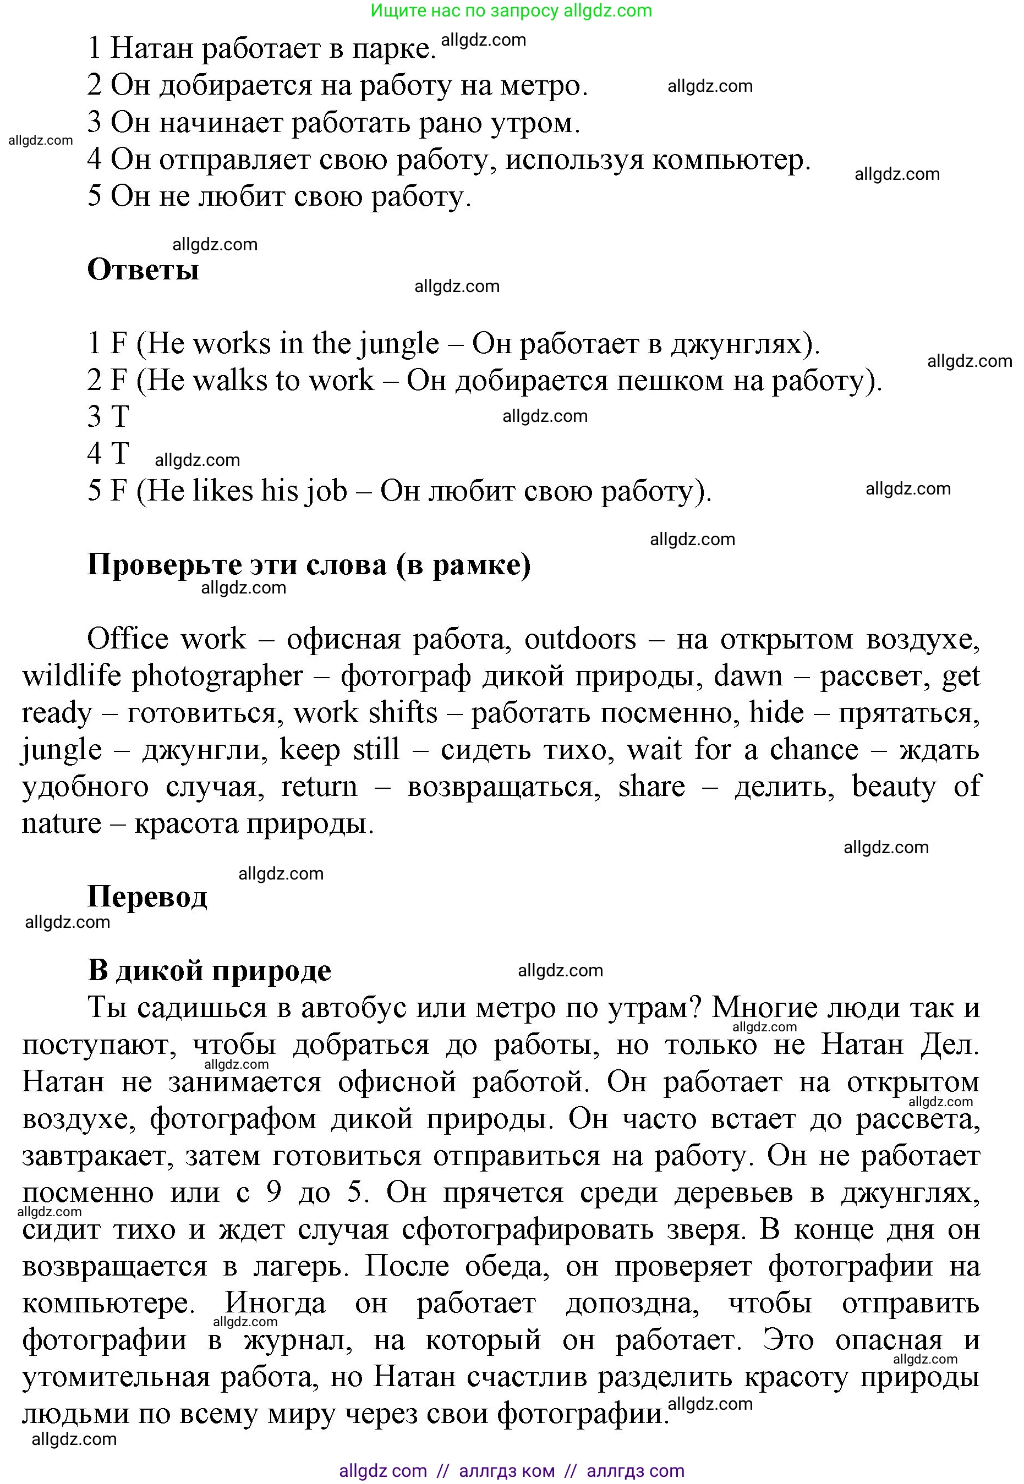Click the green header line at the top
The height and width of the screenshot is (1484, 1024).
511,10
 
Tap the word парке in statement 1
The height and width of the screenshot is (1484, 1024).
393,49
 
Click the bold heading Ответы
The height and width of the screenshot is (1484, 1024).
143,270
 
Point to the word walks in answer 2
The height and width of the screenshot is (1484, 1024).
229,381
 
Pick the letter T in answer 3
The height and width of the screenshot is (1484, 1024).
120,417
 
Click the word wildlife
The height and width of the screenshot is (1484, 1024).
71,677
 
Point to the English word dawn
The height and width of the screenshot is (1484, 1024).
748,677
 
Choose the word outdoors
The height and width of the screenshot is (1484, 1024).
580,639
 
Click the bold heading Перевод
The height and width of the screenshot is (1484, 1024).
147,897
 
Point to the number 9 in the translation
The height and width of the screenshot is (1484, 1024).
274,1194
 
